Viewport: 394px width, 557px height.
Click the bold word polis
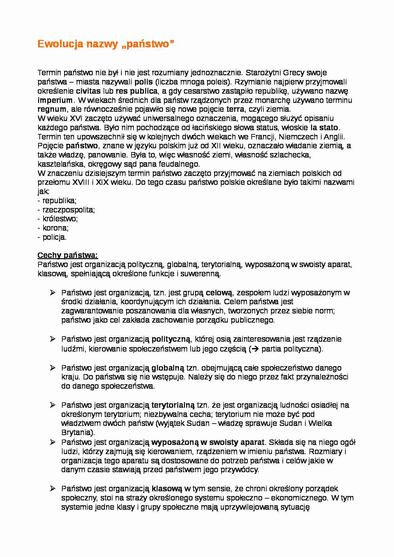[144, 82]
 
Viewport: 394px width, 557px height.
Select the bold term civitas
[88, 91]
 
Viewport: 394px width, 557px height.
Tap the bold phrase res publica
[137, 91]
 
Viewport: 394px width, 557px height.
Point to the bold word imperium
[55, 100]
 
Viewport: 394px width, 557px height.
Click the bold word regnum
[52, 110]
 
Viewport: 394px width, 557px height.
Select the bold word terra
[235, 110]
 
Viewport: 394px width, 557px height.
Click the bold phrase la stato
[324, 128]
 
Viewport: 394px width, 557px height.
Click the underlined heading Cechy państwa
[68, 255]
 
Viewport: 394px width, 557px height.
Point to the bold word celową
[219, 292]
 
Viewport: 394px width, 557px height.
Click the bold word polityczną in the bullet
[171, 339]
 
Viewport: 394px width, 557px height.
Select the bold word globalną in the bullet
[168, 368]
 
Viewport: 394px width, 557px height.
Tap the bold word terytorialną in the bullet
[173, 405]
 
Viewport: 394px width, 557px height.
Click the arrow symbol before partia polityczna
[255, 349]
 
